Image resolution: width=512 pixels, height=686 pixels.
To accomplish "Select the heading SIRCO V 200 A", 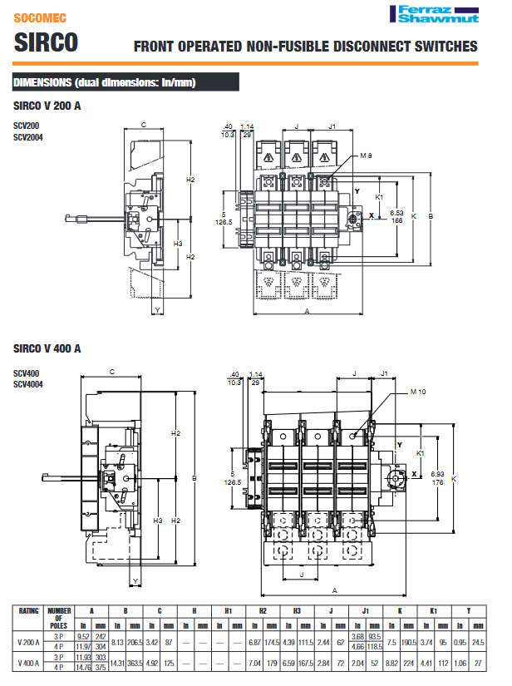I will click(47, 106).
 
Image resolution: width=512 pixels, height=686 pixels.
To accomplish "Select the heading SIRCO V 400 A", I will click(47, 349).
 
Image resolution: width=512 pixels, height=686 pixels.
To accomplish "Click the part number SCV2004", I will click(28, 137).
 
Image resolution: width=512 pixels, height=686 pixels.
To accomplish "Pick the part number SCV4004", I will click(28, 383).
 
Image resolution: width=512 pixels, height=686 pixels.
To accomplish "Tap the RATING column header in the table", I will click(30, 610).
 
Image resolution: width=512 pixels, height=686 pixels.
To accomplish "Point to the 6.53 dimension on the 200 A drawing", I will click(397, 213).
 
